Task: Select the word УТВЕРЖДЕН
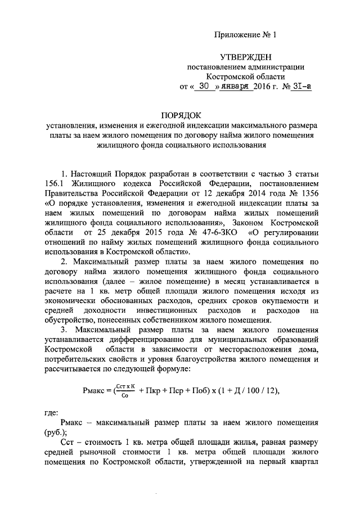click(x=246, y=57)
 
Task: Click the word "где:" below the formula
click(x=51, y=412)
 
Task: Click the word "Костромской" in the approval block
click(x=246, y=76)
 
